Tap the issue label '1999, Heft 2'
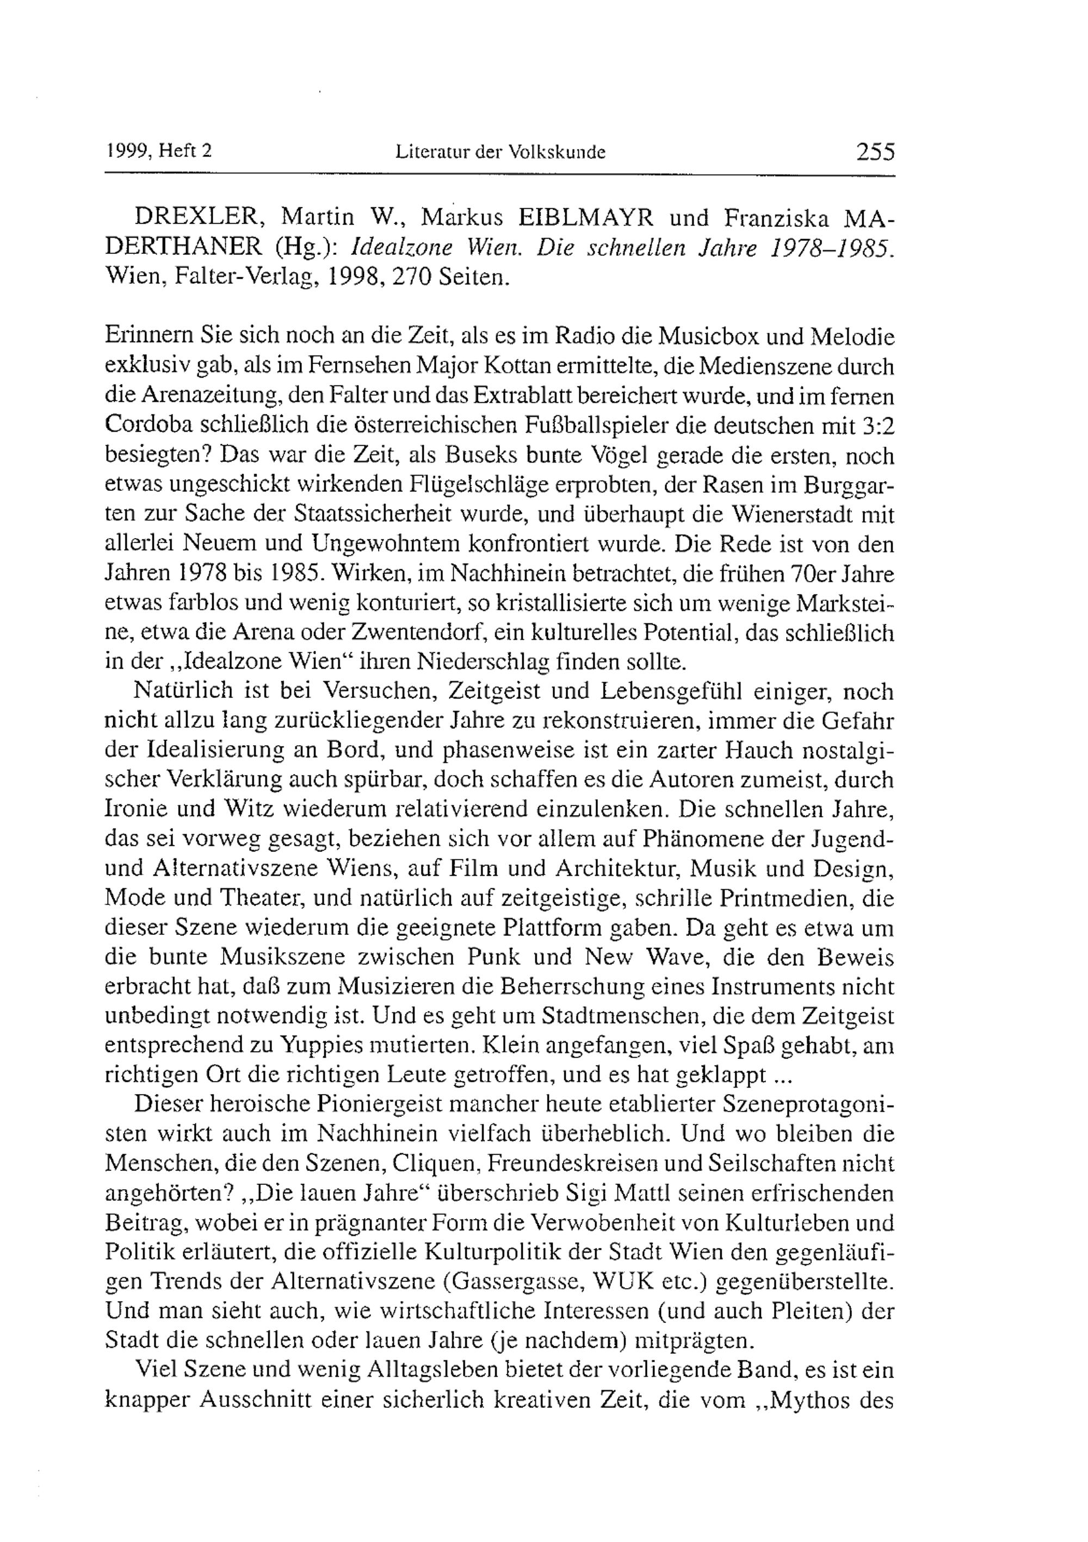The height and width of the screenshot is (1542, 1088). [x=159, y=152]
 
